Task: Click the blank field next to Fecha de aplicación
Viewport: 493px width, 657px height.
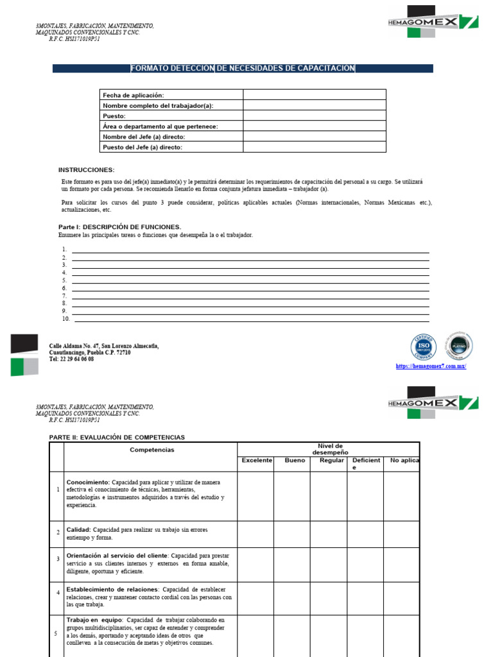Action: coord(314,95)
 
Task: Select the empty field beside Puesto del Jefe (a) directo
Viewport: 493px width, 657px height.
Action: coord(314,147)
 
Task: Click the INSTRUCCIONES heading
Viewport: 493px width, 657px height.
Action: coord(86,170)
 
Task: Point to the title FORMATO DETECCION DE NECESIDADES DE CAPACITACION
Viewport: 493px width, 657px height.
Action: coord(243,69)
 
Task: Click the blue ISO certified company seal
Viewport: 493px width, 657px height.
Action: coord(423,347)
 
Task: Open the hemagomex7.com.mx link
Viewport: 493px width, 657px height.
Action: coord(431,366)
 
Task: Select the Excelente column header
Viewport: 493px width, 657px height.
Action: coord(257,461)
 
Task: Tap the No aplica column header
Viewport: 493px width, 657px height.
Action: coord(401,461)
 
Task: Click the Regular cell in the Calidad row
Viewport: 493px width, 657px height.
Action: coord(328,533)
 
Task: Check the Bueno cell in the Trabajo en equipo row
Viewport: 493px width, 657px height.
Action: coord(292,635)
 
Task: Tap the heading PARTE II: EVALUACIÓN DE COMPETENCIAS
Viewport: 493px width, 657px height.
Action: coord(117,438)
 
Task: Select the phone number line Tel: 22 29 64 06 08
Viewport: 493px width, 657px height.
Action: coord(71,359)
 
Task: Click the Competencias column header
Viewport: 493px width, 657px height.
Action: coord(151,450)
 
